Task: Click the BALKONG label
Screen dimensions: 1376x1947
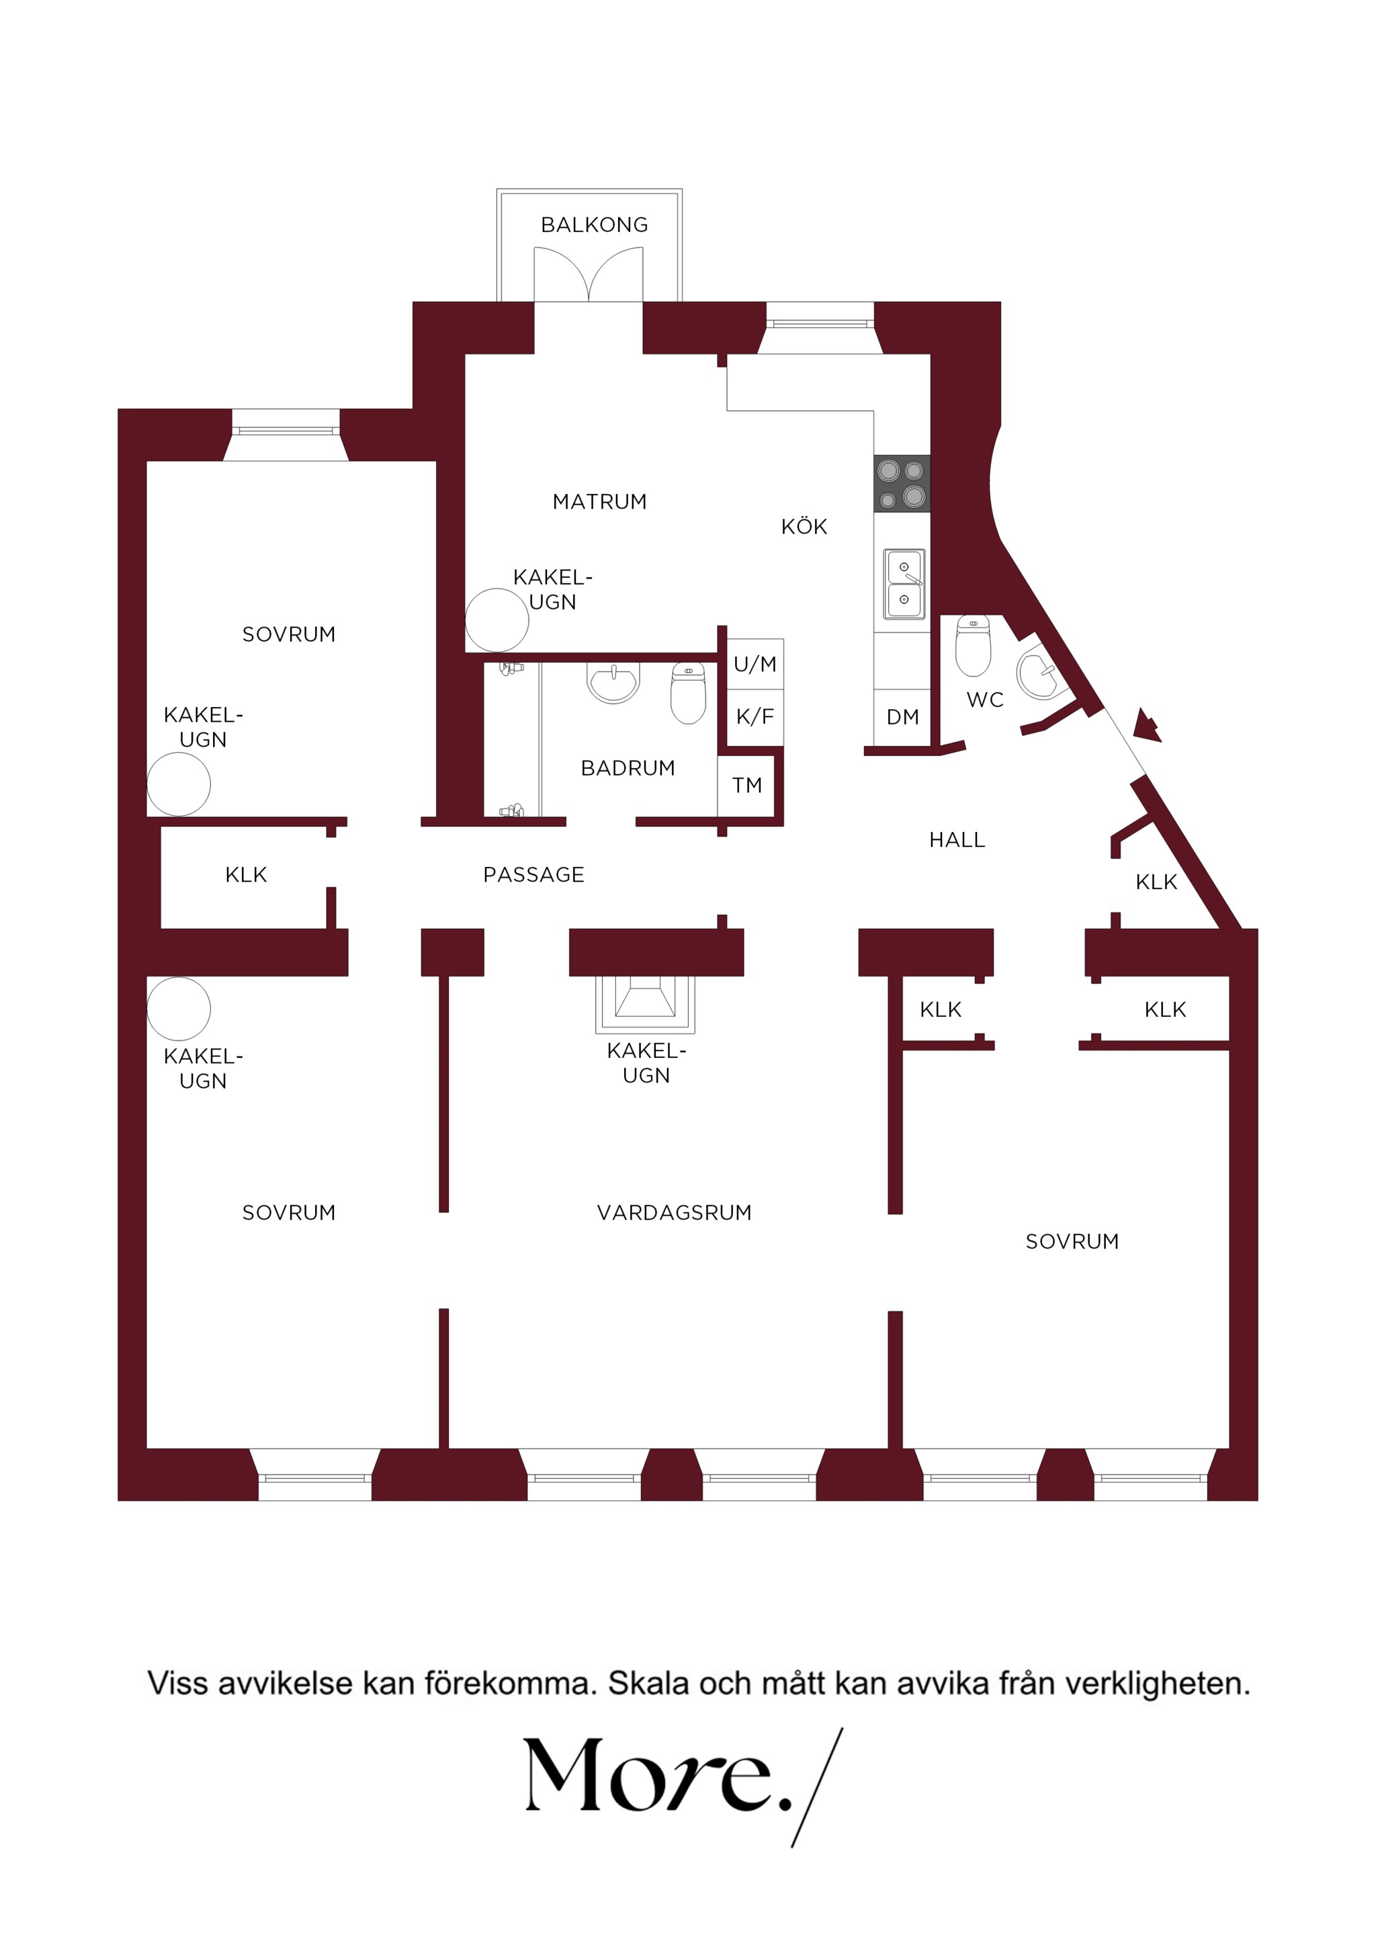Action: click(x=595, y=224)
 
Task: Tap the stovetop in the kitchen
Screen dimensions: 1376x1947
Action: click(x=902, y=483)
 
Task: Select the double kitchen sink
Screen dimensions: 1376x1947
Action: click(x=904, y=584)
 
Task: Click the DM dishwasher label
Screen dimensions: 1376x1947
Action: click(x=903, y=717)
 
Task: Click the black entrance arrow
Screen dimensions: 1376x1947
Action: click(x=1147, y=725)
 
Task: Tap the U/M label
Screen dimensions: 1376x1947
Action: click(x=755, y=664)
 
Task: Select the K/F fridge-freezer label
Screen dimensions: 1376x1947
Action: click(x=755, y=717)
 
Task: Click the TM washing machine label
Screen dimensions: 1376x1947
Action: click(x=748, y=785)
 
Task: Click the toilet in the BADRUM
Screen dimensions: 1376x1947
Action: click(x=689, y=693)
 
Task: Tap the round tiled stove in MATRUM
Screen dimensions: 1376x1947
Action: click(x=497, y=620)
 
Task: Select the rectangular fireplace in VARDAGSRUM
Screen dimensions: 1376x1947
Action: click(x=645, y=1005)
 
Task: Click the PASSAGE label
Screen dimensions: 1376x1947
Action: click(x=534, y=875)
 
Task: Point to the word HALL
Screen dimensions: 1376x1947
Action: click(x=957, y=840)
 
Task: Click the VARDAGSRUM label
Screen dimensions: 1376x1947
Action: click(x=675, y=1212)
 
